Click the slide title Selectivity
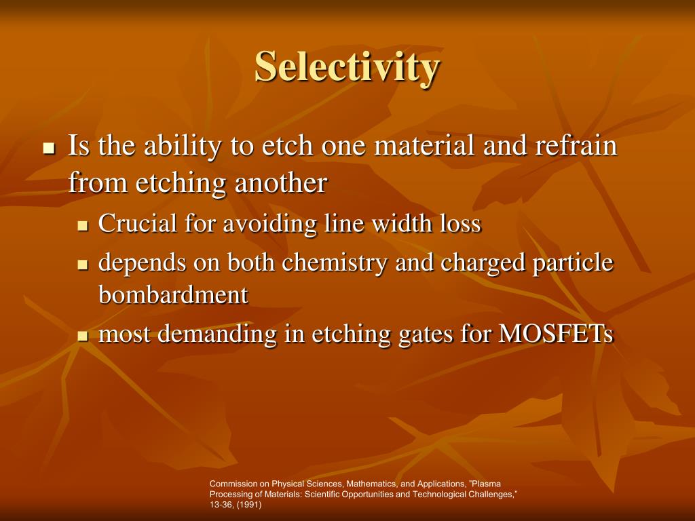347,67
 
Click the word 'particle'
573,263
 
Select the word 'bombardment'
173,295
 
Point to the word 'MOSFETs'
556,334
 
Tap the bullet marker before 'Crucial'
83,226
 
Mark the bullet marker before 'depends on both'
83,265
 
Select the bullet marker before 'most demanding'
83,336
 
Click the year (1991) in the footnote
248,505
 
